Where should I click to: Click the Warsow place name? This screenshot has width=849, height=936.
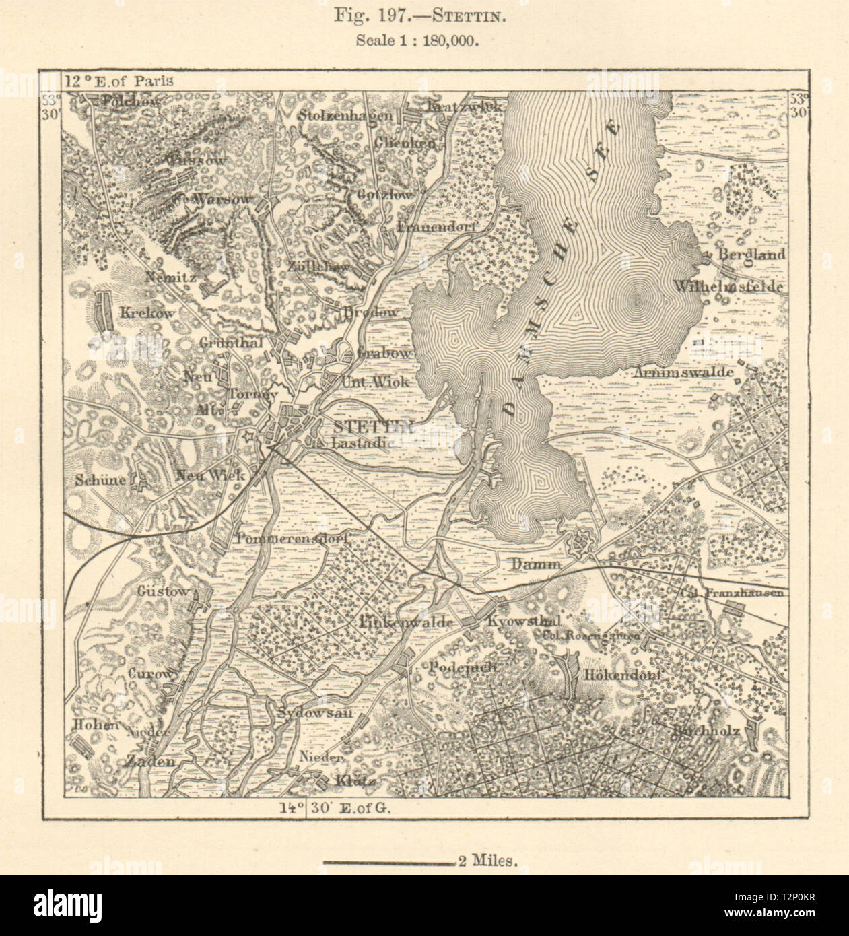[x=222, y=200]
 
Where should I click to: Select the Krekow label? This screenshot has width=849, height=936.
[x=147, y=312]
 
